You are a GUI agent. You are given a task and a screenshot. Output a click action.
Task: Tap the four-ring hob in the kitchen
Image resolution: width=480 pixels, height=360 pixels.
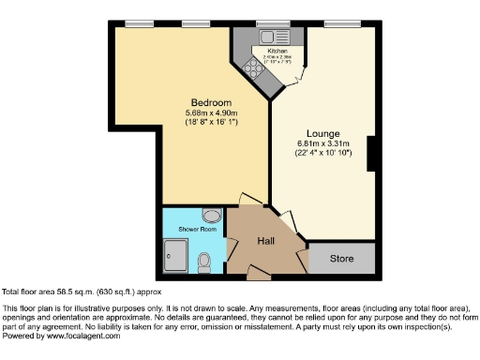[x=253, y=67]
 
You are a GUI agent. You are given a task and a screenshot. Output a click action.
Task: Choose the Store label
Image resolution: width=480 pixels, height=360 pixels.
[x=341, y=258]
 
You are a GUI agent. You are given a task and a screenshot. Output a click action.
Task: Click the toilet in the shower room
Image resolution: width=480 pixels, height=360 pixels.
[x=204, y=262]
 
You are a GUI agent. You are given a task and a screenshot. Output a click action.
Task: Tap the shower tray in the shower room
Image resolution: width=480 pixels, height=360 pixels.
[x=175, y=254]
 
